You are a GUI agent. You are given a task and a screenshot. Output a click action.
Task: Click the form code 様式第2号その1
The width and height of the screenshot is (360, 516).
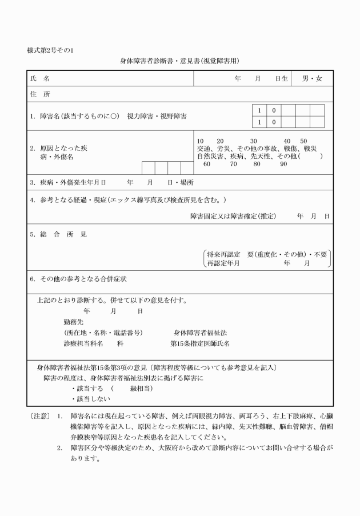[x=50, y=50]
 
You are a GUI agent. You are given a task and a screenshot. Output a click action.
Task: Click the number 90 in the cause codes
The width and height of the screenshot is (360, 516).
[x=283, y=164]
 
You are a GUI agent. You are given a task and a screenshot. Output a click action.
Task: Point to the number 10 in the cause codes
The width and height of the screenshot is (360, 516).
[x=200, y=141]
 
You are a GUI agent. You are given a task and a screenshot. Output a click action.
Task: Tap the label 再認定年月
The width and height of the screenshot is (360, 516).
[x=223, y=263]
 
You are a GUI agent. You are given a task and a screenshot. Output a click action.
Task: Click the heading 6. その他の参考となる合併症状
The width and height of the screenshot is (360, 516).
[x=78, y=279]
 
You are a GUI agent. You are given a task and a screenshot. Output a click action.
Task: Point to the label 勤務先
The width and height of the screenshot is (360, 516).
[x=73, y=322]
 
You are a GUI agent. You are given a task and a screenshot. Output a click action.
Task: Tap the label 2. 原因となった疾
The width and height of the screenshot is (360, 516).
[x=59, y=148]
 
